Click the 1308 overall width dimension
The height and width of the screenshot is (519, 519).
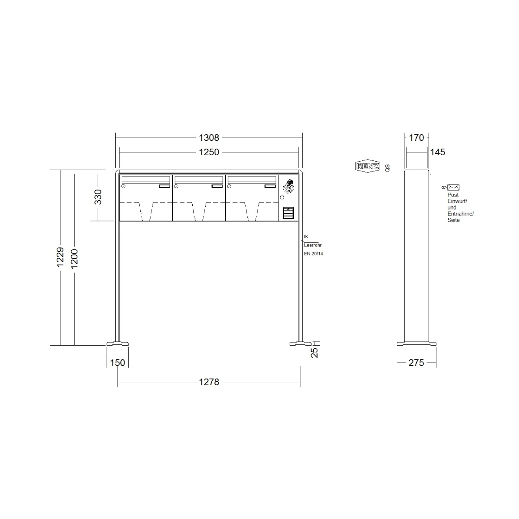point(209,138)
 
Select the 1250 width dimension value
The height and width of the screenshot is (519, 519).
point(209,152)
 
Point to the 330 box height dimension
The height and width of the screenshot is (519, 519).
point(98,197)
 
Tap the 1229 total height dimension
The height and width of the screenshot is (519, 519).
point(60,258)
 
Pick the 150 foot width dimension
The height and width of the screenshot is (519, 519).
point(117,363)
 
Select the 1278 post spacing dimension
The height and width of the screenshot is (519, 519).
point(209,382)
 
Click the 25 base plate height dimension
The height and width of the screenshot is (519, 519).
point(315,353)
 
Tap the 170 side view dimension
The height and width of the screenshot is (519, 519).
point(416,138)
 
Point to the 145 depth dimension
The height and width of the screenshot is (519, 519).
point(437,152)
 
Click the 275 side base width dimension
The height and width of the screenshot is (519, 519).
point(416,363)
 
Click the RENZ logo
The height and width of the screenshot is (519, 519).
point(368,166)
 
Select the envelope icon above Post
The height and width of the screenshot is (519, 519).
point(453,188)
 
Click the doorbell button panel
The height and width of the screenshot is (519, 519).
point(288,213)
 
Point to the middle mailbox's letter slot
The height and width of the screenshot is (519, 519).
point(199,179)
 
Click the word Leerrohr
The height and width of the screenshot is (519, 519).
point(313,245)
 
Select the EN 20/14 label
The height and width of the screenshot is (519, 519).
point(313,254)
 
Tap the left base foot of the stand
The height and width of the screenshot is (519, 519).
point(117,344)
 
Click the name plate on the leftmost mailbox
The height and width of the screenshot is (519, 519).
point(164,186)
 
